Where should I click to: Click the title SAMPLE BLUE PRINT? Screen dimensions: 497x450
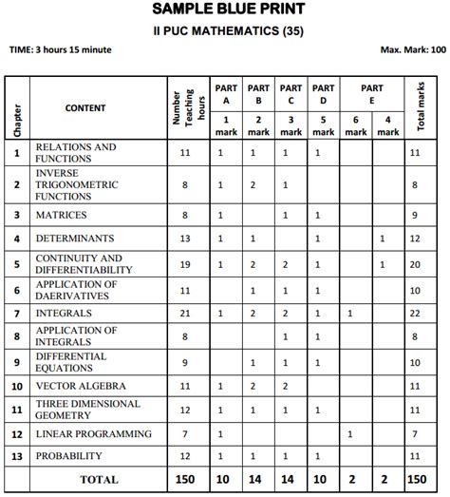pyautogui.click(x=226, y=10)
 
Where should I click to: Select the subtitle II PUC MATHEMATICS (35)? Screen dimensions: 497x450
pyautogui.click(x=226, y=30)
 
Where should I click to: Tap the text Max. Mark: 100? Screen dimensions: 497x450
pyautogui.click(x=412, y=48)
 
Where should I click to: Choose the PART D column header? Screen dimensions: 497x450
pyautogui.click(x=323, y=93)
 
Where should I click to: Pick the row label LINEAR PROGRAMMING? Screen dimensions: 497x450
pyautogui.click(x=93, y=434)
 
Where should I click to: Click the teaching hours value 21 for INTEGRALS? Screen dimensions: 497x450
pyautogui.click(x=185, y=313)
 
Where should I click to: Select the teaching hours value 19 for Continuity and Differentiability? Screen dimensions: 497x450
pyautogui.click(x=185, y=264)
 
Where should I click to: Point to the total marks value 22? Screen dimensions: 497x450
pyautogui.click(x=415, y=313)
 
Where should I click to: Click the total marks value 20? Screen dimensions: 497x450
pyautogui.click(x=415, y=264)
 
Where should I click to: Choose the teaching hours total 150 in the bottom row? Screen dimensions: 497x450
pyautogui.click(x=185, y=480)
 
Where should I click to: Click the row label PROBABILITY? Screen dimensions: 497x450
pyautogui.click(x=70, y=457)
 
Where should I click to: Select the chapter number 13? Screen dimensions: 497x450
pyautogui.click(x=16, y=457)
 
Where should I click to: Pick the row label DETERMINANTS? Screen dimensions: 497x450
pyautogui.click(x=74, y=239)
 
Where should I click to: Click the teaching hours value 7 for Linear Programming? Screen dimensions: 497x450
pyautogui.click(x=185, y=434)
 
